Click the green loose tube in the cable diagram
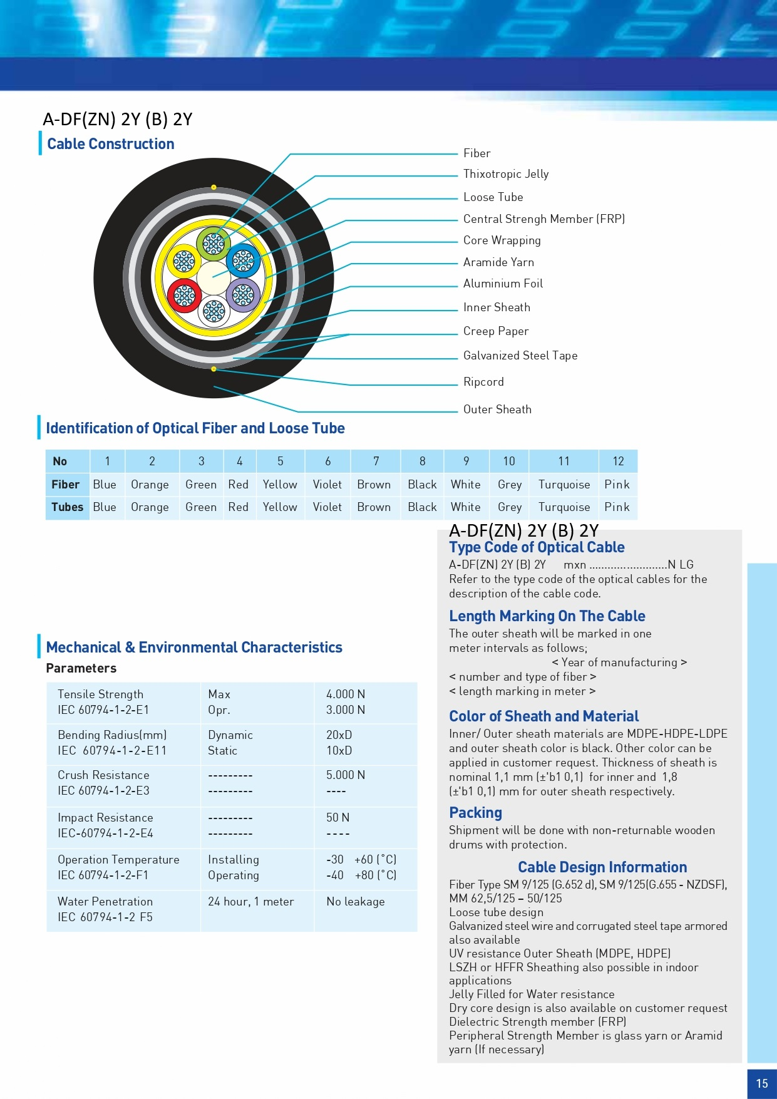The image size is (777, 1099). pyautogui.click(x=214, y=244)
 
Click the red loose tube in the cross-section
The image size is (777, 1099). pyautogui.click(x=184, y=296)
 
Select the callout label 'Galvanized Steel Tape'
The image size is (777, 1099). pyautogui.click(x=520, y=356)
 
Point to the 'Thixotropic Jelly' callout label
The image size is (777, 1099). pyautogui.click(x=506, y=174)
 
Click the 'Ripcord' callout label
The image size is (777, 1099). pyautogui.click(x=483, y=382)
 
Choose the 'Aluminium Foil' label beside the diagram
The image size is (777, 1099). pyautogui.click(x=503, y=284)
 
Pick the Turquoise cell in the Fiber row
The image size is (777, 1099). pyautogui.click(x=564, y=485)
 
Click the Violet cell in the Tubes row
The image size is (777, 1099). pyautogui.click(x=327, y=507)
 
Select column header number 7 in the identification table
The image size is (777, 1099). pyautogui.click(x=376, y=462)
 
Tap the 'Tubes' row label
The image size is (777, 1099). pyautogui.click(x=68, y=507)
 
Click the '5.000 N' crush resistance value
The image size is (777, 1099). pyautogui.click(x=346, y=775)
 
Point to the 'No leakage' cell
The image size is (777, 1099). pyautogui.click(x=356, y=902)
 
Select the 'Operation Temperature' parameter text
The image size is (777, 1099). pyautogui.click(x=118, y=860)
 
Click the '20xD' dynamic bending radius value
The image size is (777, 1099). pyautogui.click(x=339, y=735)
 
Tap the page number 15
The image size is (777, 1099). pyautogui.click(x=762, y=1083)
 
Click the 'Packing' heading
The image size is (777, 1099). pyautogui.click(x=476, y=813)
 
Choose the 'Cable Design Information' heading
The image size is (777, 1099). pyautogui.click(x=602, y=867)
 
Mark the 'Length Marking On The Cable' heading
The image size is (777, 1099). pyautogui.click(x=547, y=616)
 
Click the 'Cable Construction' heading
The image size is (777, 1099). pyautogui.click(x=111, y=144)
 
